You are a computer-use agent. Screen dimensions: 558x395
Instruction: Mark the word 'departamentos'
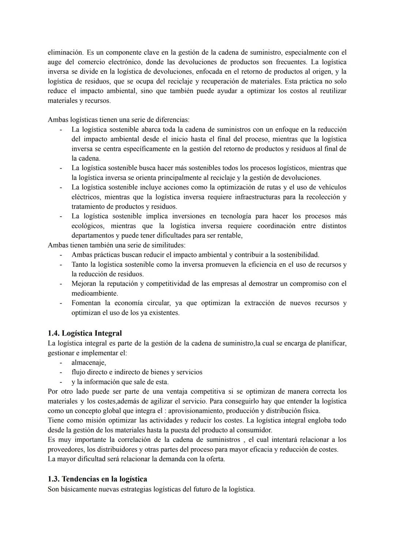tap(93, 235)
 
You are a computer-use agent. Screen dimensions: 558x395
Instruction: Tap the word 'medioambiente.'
tap(95, 293)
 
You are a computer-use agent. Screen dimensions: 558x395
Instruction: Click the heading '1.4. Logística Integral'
tap(85, 333)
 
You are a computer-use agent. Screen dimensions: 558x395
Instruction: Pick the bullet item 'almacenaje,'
tap(89, 363)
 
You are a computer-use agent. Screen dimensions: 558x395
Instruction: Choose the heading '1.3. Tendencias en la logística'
tap(97, 479)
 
